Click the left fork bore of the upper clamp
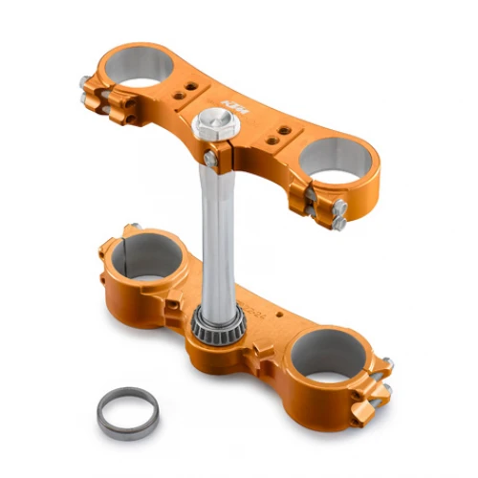[141, 67]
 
